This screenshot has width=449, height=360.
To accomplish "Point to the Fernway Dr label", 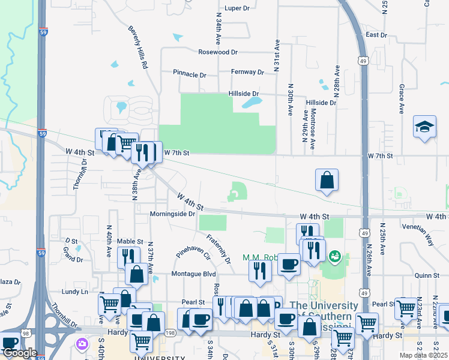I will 247,72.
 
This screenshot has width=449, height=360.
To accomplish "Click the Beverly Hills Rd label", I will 138,47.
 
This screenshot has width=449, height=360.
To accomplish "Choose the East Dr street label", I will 376,35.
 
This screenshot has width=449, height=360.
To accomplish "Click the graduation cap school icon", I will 424,127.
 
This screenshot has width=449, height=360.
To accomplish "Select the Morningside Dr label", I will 173,214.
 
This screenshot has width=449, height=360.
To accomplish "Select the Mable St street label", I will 130,241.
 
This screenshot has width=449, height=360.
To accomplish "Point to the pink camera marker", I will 81,344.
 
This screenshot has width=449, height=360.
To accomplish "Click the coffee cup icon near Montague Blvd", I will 289,264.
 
